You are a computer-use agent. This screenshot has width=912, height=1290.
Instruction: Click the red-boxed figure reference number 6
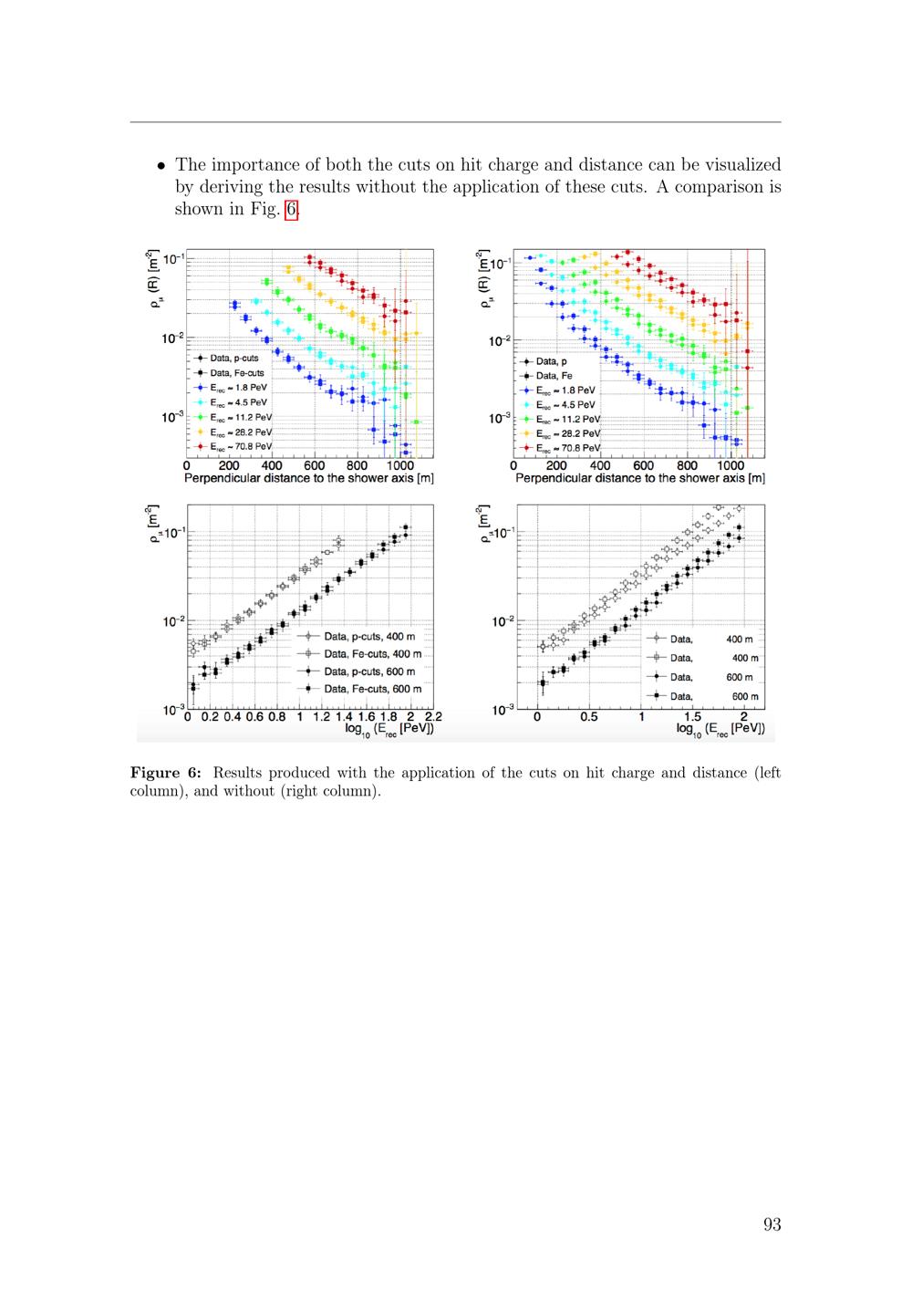pyautogui.click(x=291, y=209)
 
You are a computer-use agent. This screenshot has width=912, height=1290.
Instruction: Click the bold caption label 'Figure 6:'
pyautogui.click(x=166, y=773)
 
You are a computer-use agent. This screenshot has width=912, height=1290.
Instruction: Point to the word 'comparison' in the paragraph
pyautogui.click(x=720, y=187)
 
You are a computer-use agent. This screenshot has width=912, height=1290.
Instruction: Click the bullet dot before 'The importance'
pyautogui.click(x=161, y=166)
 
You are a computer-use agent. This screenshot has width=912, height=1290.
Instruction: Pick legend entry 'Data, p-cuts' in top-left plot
pyautogui.click(x=226, y=359)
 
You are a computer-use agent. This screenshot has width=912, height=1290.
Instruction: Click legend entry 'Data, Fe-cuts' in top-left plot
pyautogui.click(x=229, y=373)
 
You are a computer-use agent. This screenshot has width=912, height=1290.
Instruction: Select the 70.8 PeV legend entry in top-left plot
pyautogui.click(x=233, y=446)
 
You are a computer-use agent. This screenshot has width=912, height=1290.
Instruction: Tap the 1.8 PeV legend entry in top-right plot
pyautogui.click(x=557, y=390)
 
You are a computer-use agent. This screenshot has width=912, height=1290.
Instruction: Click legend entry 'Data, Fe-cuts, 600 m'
pyautogui.click(x=360, y=689)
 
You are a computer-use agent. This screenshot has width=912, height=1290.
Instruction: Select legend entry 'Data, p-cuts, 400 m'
pyautogui.click(x=357, y=637)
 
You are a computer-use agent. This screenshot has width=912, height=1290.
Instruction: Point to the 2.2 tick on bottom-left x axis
pyautogui.click(x=433, y=717)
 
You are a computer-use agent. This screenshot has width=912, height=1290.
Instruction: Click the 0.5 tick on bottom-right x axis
pyautogui.click(x=588, y=717)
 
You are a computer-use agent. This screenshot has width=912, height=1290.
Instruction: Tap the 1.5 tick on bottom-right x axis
pyautogui.click(x=692, y=717)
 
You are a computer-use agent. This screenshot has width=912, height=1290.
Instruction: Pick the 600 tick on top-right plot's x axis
pyautogui.click(x=643, y=465)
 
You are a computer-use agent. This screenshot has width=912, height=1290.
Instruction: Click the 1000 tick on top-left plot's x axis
pyautogui.click(x=399, y=465)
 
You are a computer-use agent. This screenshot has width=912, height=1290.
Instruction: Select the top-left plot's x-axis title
pyautogui.click(x=309, y=478)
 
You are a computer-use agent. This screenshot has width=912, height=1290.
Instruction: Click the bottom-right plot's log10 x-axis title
pyautogui.click(x=720, y=730)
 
